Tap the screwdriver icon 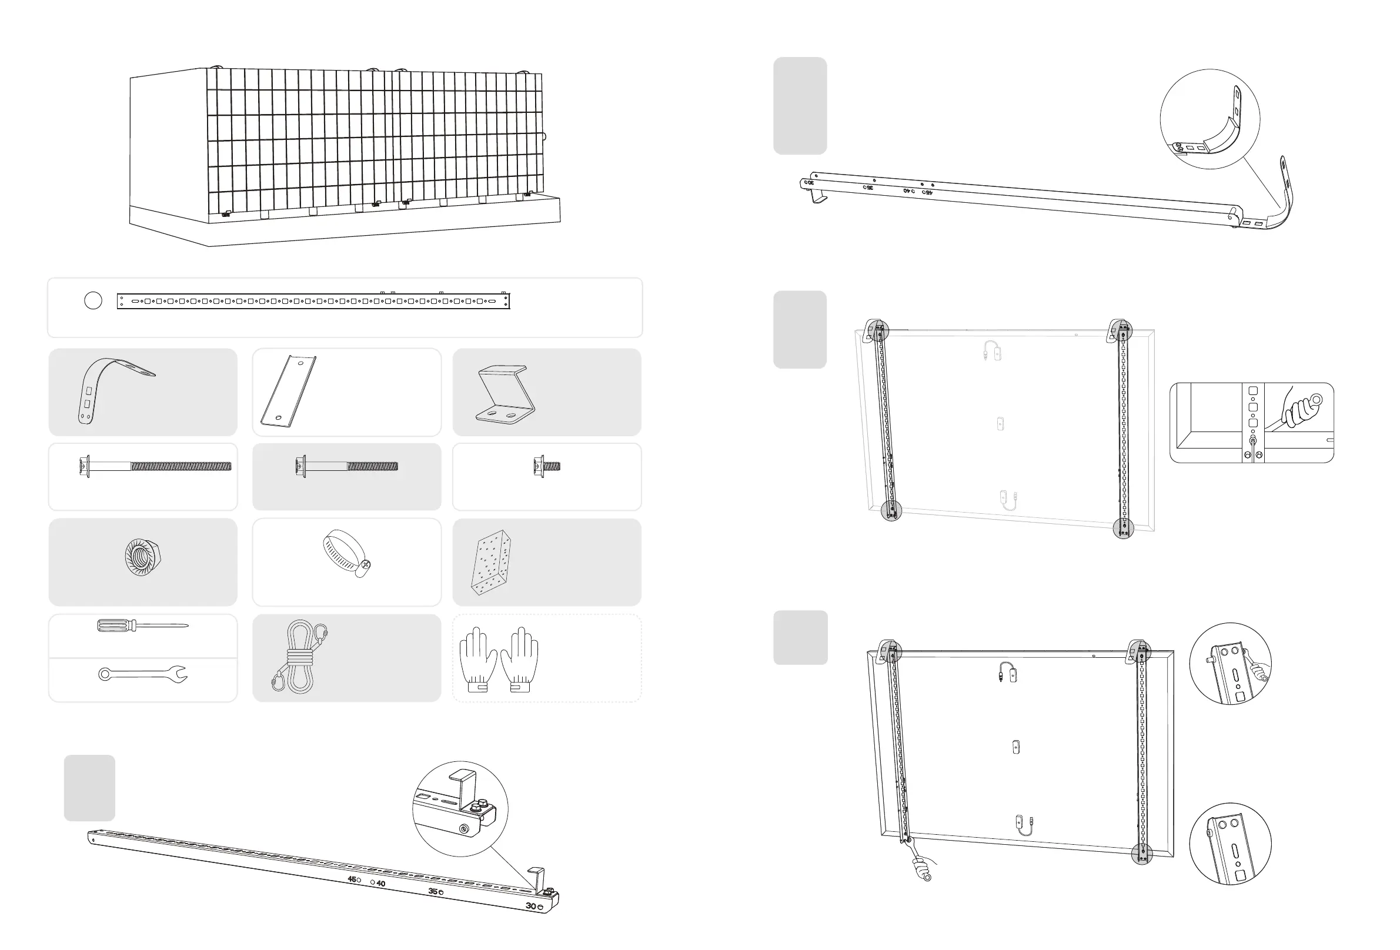click(x=142, y=626)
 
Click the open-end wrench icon click(x=143, y=674)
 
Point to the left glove click(x=477, y=660)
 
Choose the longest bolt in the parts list click(x=155, y=466)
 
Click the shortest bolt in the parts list click(x=546, y=466)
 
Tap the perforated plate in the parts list click(x=491, y=562)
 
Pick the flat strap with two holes click(x=288, y=392)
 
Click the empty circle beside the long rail click(x=93, y=300)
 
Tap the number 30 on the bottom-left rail click(x=531, y=906)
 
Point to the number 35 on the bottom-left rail click(x=433, y=892)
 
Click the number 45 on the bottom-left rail click(x=352, y=879)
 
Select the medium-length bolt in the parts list click(x=346, y=466)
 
